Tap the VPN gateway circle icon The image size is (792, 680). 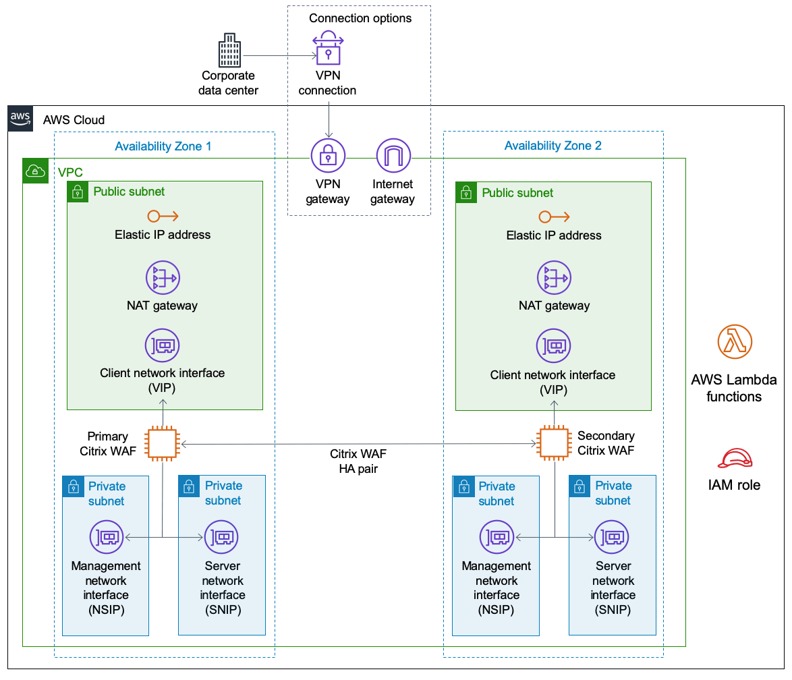click(328, 156)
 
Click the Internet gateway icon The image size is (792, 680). click(393, 156)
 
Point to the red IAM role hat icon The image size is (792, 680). click(734, 459)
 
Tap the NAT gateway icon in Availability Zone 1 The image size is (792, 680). click(163, 277)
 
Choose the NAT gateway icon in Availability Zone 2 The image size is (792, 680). click(555, 277)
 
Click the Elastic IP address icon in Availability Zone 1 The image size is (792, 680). click(163, 216)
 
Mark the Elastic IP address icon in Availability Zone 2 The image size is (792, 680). click(555, 217)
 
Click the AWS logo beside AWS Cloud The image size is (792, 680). click(21, 118)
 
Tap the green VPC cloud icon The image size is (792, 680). click(34, 171)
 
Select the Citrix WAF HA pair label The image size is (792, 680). click(358, 461)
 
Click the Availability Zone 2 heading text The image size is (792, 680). click(553, 146)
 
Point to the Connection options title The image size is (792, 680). click(360, 18)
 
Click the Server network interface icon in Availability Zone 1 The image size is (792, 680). click(222, 538)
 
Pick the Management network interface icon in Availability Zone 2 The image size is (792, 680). click(497, 538)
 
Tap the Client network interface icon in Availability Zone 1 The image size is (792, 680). click(163, 346)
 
